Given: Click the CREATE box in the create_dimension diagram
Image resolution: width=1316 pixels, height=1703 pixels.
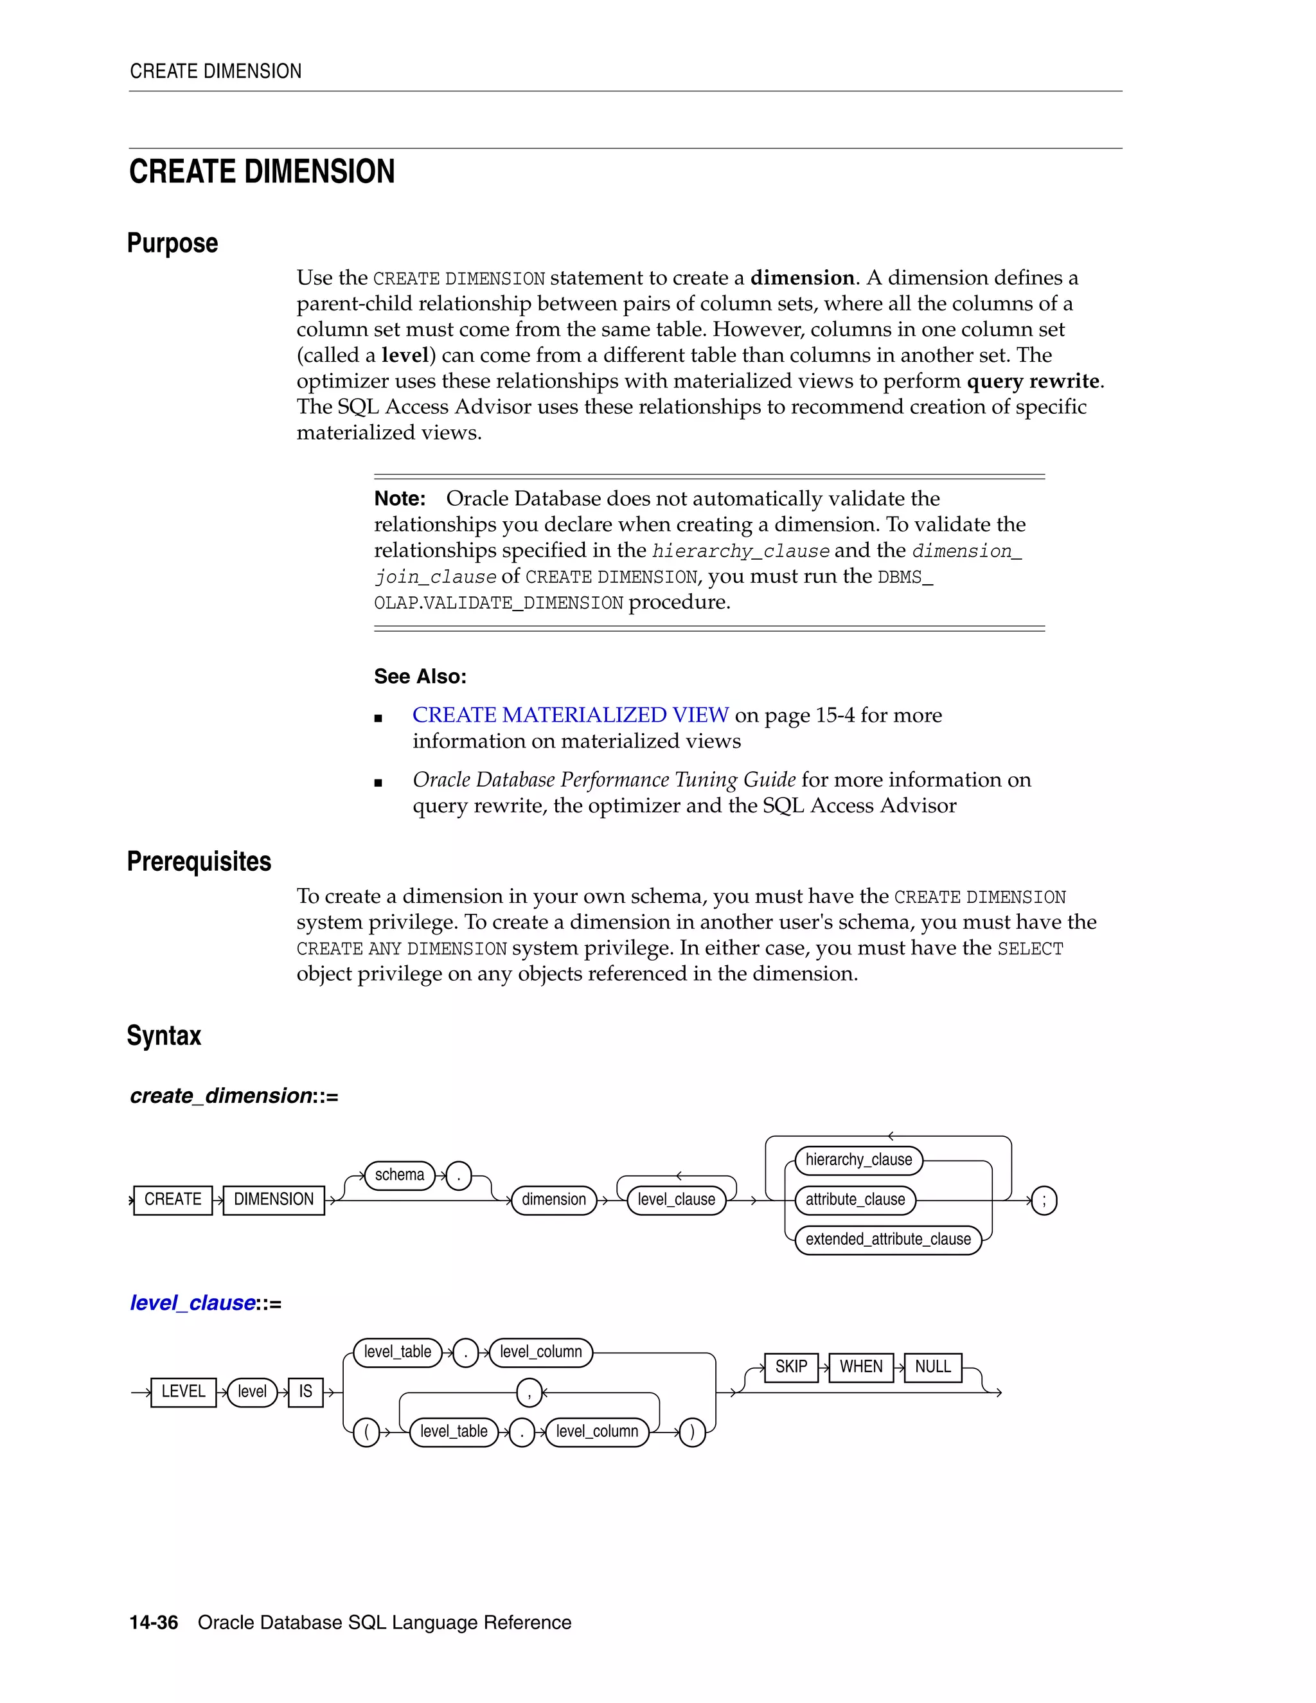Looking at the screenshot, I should point(172,1199).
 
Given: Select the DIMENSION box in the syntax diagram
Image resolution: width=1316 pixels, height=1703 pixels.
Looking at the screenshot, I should point(274,1199).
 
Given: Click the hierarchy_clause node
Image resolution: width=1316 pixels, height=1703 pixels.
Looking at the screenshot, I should point(858,1159).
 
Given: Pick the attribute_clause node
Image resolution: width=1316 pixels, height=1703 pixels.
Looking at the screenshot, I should point(855,1199).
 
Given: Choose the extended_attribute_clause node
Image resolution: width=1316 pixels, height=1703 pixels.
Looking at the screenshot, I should point(888,1239).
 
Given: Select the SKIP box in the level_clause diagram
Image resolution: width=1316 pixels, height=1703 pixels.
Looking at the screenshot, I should point(790,1366).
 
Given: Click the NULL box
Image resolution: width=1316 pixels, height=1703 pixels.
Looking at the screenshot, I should point(932,1366).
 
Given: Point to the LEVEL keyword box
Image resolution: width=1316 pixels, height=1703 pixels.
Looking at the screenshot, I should point(183,1391).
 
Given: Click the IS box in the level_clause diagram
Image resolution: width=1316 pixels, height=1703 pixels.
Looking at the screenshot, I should point(306,1391).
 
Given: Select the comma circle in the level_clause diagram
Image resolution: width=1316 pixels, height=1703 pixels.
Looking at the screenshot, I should point(529,1393).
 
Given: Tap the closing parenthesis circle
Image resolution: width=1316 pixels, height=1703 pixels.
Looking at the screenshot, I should point(692,1432).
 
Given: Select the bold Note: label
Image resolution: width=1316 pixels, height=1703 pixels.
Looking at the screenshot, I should point(399,498).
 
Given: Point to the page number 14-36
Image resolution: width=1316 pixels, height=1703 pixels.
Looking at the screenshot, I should point(154,1622).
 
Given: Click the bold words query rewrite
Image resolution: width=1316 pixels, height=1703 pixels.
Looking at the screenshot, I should point(1034,380).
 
